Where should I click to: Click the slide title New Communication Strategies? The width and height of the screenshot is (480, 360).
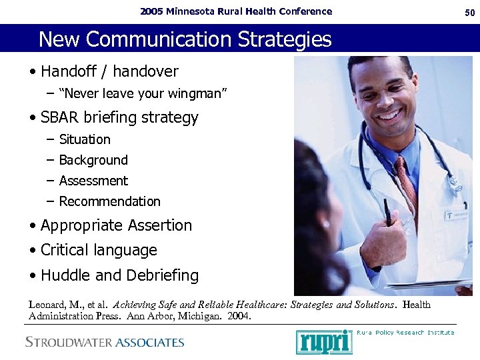click(185, 39)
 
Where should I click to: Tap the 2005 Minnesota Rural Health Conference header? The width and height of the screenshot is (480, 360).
click(235, 11)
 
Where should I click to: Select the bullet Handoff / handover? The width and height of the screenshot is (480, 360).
click(109, 71)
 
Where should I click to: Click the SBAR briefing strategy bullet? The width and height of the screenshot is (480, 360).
click(119, 118)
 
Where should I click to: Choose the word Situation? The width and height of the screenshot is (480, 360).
click(85, 139)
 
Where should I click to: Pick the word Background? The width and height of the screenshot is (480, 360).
click(93, 160)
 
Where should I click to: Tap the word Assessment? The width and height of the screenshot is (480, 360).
click(93, 181)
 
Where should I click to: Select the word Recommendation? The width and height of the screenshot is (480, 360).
click(109, 201)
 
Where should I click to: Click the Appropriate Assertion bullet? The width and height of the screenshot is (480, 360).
click(116, 225)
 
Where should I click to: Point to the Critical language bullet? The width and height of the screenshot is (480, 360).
click(99, 250)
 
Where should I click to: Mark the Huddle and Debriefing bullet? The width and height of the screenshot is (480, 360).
click(119, 275)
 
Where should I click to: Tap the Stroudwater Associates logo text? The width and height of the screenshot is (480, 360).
click(105, 343)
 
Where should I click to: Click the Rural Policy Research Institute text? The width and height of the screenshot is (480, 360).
click(405, 332)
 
